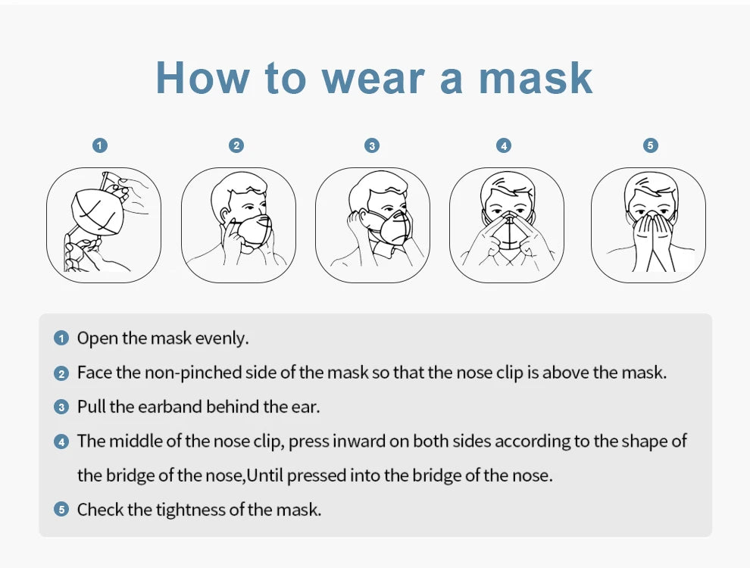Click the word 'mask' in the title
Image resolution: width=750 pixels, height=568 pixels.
[x=536, y=77]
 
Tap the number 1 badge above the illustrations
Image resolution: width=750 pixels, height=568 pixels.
[x=100, y=145]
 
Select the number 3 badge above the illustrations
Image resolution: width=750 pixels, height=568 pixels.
[x=371, y=145]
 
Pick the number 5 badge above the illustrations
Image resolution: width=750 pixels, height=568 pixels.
[x=650, y=145]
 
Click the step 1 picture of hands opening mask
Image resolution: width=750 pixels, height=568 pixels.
[x=104, y=225]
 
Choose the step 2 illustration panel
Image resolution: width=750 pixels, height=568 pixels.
[x=238, y=225]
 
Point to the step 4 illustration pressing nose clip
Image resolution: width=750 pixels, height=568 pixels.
[x=506, y=225]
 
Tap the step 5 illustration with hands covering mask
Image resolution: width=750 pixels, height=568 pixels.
[x=648, y=225]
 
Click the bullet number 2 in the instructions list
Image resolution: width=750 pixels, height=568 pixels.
[x=61, y=373]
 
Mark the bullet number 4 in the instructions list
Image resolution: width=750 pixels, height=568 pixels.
[x=61, y=442]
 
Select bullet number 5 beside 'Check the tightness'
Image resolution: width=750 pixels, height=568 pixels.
[x=61, y=510]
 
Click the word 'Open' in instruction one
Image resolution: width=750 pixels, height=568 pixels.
[x=97, y=339]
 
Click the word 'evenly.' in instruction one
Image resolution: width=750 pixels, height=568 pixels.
[x=222, y=339]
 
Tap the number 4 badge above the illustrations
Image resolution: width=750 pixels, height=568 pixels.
[x=505, y=145]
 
